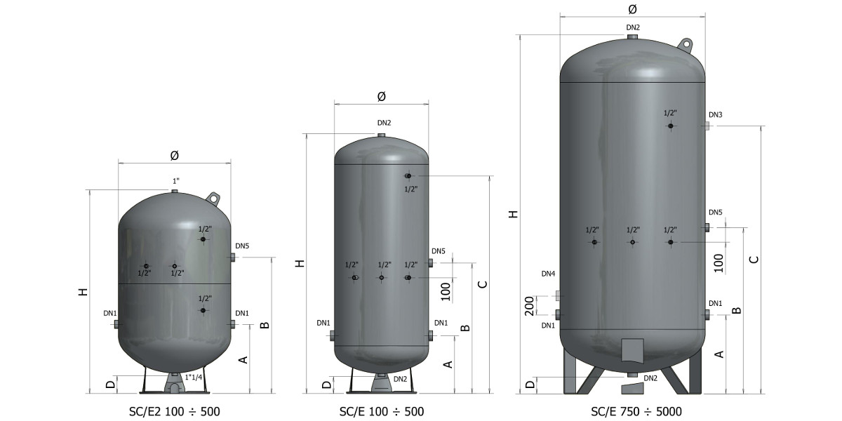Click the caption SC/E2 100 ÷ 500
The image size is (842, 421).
(175, 412)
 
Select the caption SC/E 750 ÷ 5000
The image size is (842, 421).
(636, 412)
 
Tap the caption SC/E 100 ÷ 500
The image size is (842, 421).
(382, 412)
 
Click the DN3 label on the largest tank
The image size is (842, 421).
(715, 114)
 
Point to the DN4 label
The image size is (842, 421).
(548, 274)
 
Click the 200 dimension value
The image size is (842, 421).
(529, 306)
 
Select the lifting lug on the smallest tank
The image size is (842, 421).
(213, 198)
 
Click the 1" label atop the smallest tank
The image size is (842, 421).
(176, 181)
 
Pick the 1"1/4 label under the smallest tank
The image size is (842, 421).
(194, 377)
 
